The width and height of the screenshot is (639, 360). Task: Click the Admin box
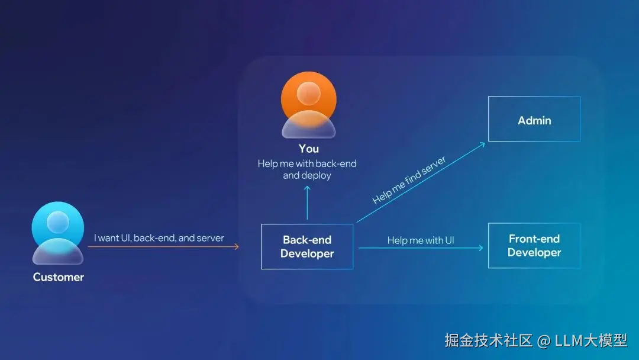pyautogui.click(x=534, y=119)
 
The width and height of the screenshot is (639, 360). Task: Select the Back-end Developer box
pyautogui.click(x=307, y=246)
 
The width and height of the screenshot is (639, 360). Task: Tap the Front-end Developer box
pyautogui.click(x=534, y=245)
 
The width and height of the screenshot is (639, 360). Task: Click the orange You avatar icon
pyautogui.click(x=308, y=105)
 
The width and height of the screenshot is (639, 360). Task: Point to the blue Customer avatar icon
pyautogui.click(x=58, y=233)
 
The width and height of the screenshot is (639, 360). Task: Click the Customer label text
pyautogui.click(x=59, y=277)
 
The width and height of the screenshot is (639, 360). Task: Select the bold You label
pyautogui.click(x=308, y=149)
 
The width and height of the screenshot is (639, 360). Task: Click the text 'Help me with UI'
pyautogui.click(x=421, y=240)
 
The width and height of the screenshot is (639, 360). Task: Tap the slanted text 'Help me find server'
pyautogui.click(x=409, y=180)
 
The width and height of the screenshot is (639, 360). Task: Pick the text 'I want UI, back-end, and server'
pyautogui.click(x=159, y=238)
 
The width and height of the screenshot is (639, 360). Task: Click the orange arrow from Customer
pyautogui.click(x=163, y=246)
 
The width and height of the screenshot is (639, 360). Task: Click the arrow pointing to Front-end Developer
pyautogui.click(x=421, y=247)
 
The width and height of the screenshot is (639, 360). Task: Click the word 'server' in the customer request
pyautogui.click(x=211, y=238)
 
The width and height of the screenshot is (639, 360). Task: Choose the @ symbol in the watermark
pyautogui.click(x=543, y=340)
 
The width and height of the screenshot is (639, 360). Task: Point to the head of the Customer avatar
pyautogui.click(x=58, y=223)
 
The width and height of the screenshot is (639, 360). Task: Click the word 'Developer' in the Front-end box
pyautogui.click(x=534, y=253)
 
